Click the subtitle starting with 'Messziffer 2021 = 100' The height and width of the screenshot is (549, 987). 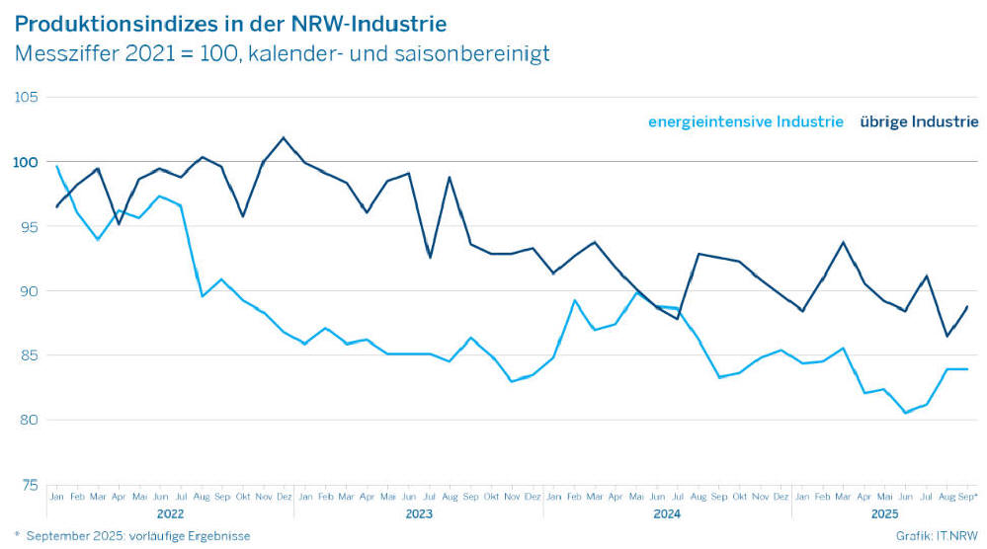[x=282, y=53]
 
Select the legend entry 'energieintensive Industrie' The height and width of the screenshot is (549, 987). [x=746, y=121]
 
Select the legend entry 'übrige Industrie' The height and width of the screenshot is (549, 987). [x=919, y=121]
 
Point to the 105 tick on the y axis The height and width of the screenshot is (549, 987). [x=26, y=97]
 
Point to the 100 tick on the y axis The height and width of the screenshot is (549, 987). [x=26, y=162]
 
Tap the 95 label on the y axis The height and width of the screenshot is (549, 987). [x=28, y=226]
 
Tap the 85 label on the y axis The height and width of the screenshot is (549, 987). [x=28, y=355]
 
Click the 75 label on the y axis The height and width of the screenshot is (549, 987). [x=28, y=485]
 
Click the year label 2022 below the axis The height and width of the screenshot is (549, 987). [x=170, y=514]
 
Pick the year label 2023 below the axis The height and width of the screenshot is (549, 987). [x=419, y=514]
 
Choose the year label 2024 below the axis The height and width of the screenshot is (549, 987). [x=667, y=514]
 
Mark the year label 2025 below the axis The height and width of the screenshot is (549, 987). [x=884, y=514]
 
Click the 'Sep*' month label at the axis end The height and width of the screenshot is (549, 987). [x=968, y=496]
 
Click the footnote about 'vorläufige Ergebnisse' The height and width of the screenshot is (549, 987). [x=132, y=536]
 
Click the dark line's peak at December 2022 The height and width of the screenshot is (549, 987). [x=284, y=137]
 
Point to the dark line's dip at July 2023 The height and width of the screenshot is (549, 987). [x=430, y=258]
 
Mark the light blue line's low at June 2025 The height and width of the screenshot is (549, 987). [x=905, y=413]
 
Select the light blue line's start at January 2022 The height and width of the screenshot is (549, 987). [x=56, y=166]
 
